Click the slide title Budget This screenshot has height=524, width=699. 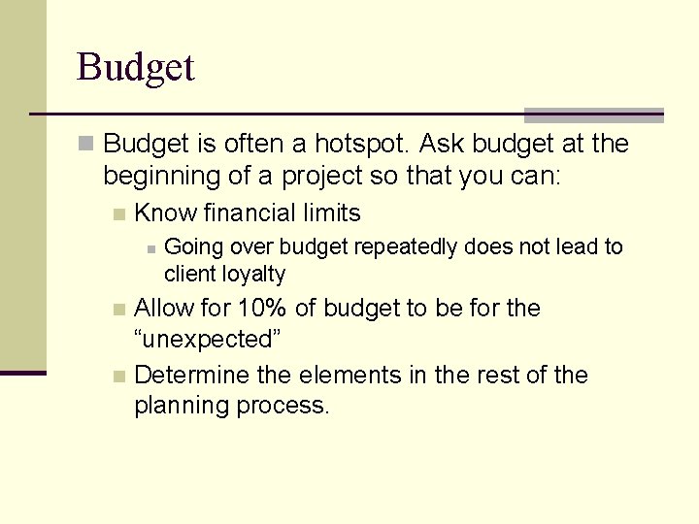point(136,68)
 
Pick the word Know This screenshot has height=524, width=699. point(165,213)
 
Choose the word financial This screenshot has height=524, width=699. point(250,213)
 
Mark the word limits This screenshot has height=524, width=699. point(333,213)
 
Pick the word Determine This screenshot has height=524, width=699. point(188,376)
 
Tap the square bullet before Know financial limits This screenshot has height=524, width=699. point(118,214)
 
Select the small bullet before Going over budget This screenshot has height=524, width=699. point(150,249)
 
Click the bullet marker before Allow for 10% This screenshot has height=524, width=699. point(118,310)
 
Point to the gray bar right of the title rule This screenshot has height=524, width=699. point(593,115)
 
